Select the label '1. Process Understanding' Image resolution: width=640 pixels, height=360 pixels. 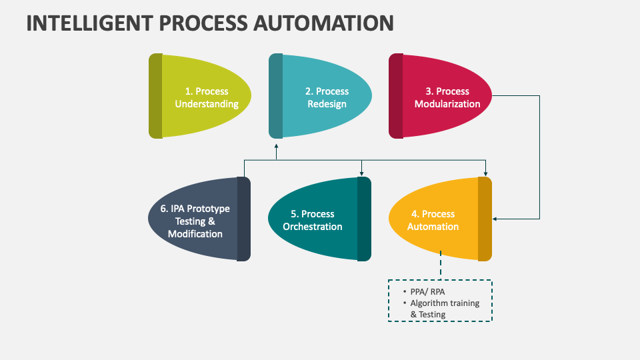coord(206,97)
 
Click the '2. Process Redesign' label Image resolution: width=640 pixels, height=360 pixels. coord(327,97)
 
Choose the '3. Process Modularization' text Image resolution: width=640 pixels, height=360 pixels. coord(447,97)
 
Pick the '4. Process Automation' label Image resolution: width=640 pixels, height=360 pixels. coord(433,220)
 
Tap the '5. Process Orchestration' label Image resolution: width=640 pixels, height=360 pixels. coord(313,220)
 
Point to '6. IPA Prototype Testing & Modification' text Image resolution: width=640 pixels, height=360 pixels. coord(195,221)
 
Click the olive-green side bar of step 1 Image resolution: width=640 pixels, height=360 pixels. coord(155,96)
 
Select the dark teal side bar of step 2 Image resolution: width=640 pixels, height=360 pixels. coord(276,96)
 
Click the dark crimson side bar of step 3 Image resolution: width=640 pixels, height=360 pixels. coord(396,96)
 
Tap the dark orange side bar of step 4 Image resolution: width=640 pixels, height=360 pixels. coord(485,219)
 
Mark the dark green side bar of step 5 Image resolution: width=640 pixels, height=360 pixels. coord(364,219)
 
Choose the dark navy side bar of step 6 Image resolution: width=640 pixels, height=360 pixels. coord(244,219)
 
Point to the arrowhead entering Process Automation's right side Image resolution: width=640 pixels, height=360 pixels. coord(495,219)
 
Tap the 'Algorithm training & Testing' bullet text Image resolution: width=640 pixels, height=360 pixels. coord(444,309)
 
